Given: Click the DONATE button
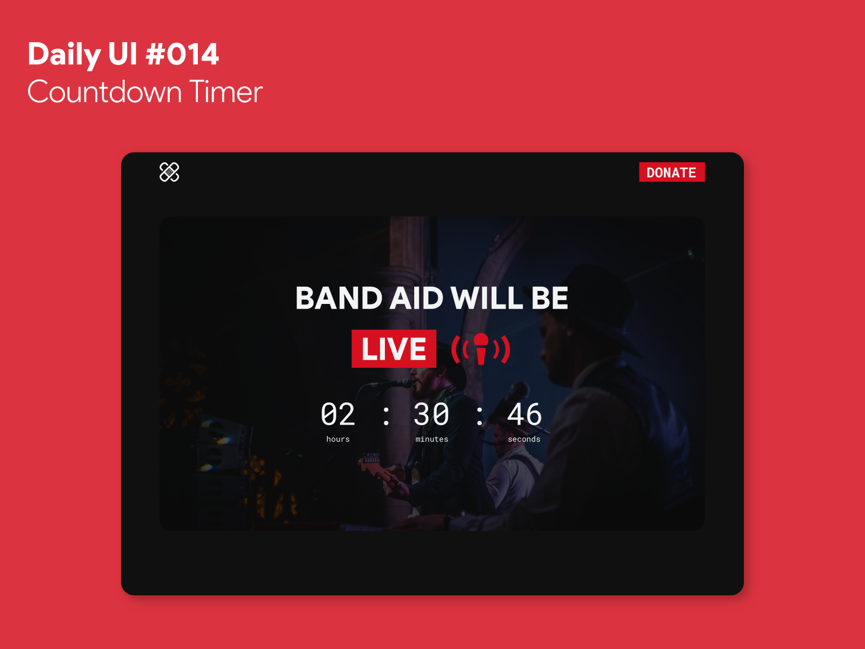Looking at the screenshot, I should (671, 172).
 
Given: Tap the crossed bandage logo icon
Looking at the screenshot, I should (169, 172).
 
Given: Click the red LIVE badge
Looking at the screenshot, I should (394, 349).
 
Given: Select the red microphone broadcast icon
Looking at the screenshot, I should (481, 349).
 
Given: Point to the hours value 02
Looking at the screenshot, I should (338, 415).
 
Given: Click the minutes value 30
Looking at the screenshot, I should (431, 415).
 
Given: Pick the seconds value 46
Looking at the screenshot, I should (524, 415).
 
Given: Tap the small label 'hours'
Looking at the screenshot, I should (338, 439).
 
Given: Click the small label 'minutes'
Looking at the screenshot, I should (431, 439).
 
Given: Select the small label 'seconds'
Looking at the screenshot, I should (524, 439).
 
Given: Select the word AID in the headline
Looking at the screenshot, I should (416, 299).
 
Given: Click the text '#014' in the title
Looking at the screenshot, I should (182, 55).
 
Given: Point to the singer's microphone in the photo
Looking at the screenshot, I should (397, 383).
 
